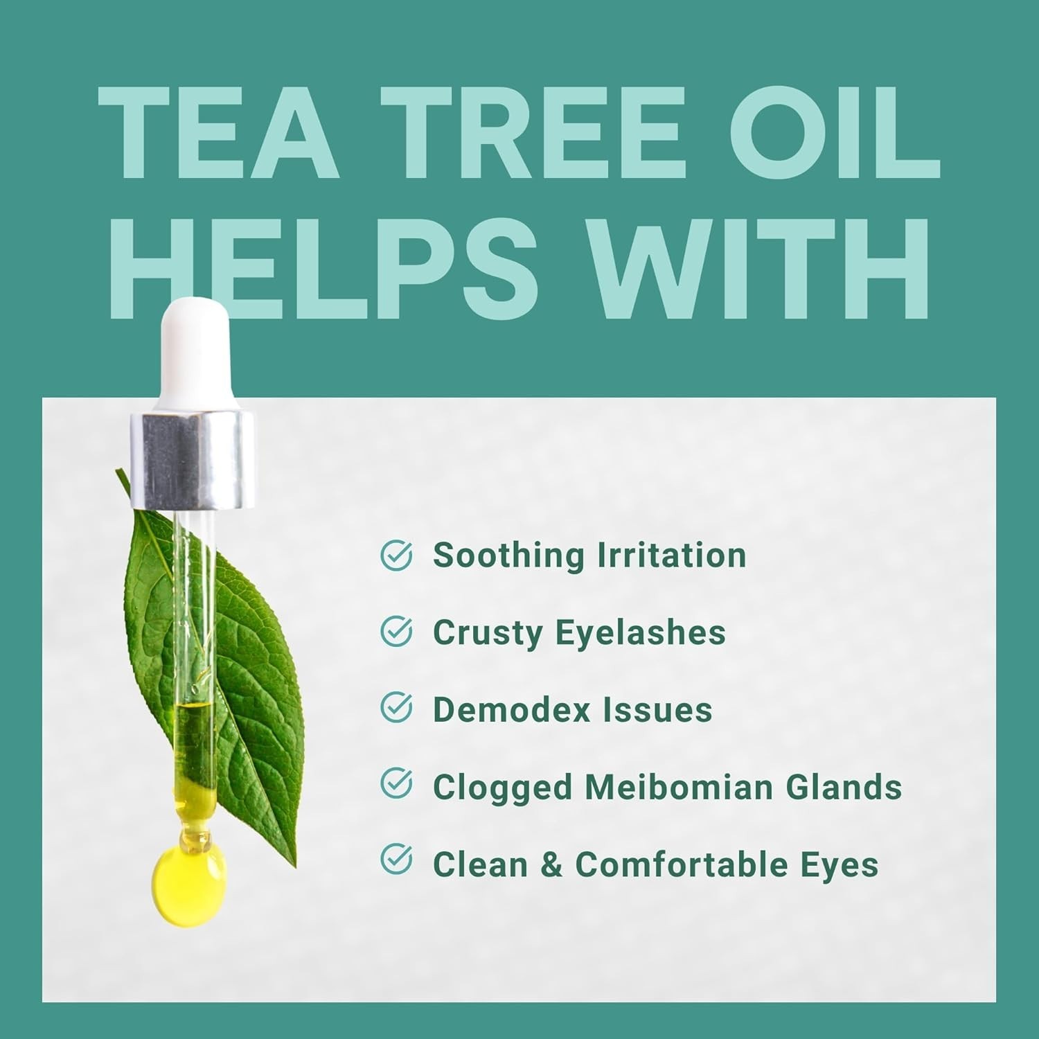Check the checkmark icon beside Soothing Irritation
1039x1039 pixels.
[397, 556]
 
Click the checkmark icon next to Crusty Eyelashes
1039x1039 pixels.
[397, 632]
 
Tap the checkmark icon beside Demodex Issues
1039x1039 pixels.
[397, 708]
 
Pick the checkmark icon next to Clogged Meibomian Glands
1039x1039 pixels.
[397, 784]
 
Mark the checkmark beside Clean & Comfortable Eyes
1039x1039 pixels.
[397, 860]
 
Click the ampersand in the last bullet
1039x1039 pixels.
[551, 865]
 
